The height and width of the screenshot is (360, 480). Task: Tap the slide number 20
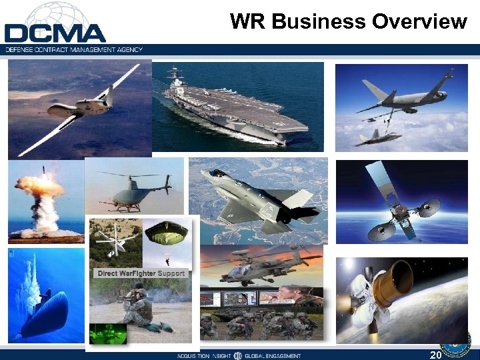[x=437, y=355]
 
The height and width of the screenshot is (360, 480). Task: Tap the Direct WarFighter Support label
[x=141, y=273]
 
